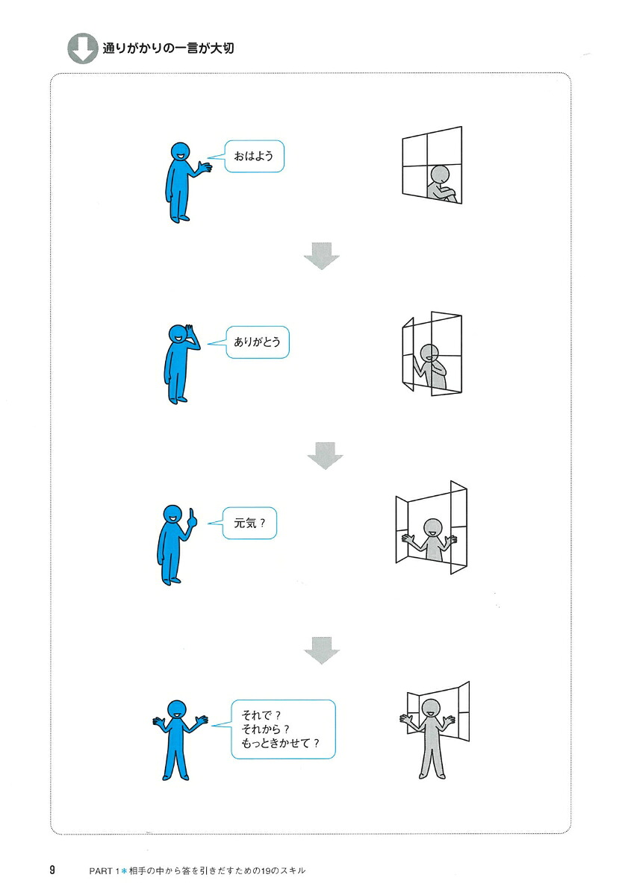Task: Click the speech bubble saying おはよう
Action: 254,156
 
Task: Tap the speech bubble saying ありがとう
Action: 258,342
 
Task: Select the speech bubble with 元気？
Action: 249,523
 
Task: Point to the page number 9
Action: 52,870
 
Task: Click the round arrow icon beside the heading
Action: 82,48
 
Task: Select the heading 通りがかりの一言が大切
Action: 168,48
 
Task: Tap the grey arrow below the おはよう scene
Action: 322,256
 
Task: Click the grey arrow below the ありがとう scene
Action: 326,456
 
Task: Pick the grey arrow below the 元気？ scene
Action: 322,650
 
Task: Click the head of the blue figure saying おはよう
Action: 181,152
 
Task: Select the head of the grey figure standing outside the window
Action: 431,709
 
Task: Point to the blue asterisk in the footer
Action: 124,870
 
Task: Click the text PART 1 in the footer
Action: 104,870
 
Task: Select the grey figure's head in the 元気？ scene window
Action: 432,529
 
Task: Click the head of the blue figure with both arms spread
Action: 177,709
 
